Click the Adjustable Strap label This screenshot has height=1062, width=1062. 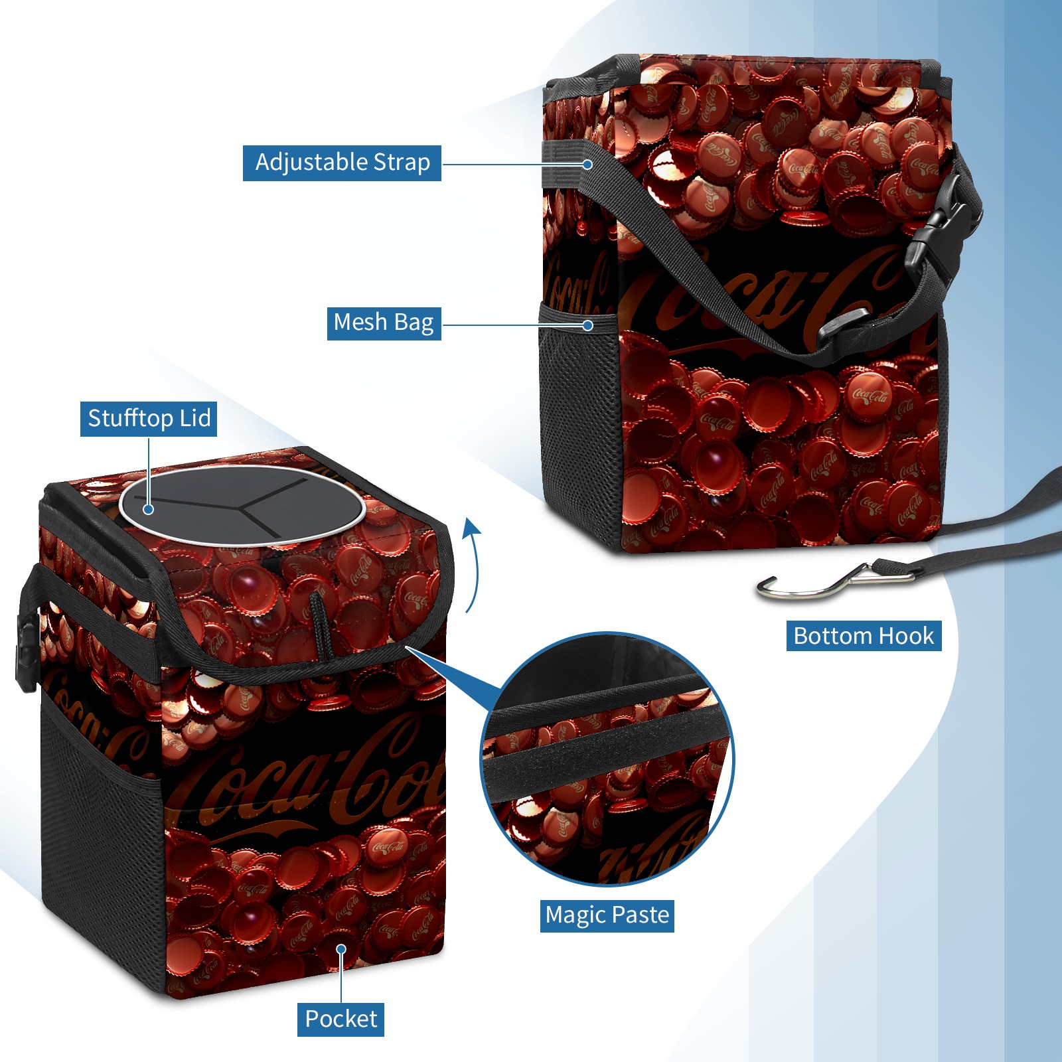click(342, 163)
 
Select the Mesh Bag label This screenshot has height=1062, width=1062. click(384, 323)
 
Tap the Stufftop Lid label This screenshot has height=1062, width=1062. click(149, 419)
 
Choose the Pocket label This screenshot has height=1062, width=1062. click(341, 1019)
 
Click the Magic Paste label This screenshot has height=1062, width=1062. click(607, 915)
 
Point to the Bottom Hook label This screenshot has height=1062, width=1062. click(864, 636)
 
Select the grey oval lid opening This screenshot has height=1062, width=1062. click(242, 506)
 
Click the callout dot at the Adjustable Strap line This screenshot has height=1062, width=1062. click(587, 164)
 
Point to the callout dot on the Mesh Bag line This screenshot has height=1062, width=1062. click(587, 325)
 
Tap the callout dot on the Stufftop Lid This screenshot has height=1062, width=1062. click(149, 509)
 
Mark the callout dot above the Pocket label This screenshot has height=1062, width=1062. click(341, 949)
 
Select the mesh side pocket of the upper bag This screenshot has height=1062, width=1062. click(581, 425)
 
